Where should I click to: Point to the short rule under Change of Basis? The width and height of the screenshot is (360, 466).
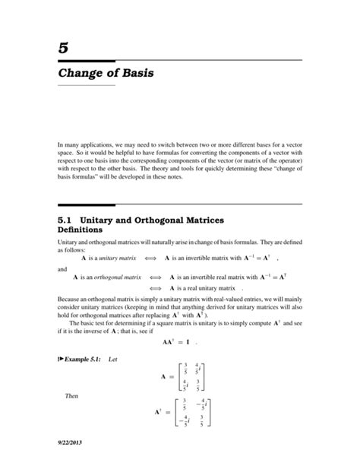point(85,86)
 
